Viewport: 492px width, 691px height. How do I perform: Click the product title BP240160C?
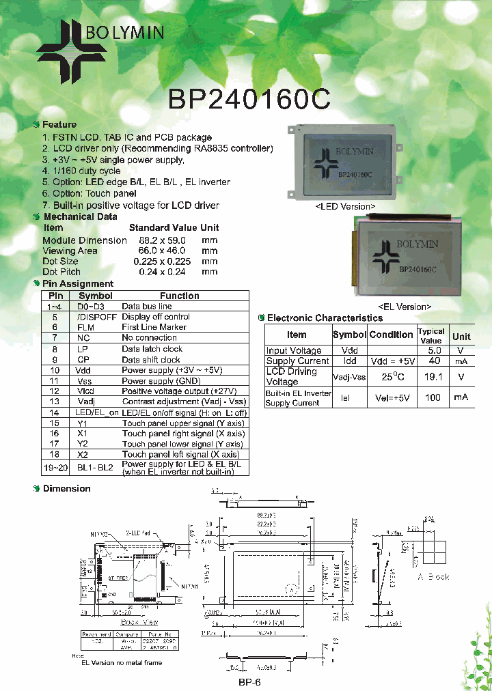tap(249, 99)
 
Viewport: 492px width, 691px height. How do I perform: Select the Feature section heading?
tap(59, 125)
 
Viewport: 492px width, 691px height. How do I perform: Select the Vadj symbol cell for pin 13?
tap(85, 401)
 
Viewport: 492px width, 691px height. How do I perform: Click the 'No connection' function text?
tap(149, 337)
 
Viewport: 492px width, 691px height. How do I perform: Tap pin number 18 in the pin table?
tap(55, 454)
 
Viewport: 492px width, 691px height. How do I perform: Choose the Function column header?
tap(179, 296)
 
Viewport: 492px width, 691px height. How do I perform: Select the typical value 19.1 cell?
tap(431, 376)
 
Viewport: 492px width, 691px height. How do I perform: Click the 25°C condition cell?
tap(391, 376)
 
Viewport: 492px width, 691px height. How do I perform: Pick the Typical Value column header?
tap(431, 335)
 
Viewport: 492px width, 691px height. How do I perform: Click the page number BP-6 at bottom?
tap(249, 682)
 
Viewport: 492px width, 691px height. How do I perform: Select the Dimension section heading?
tap(66, 488)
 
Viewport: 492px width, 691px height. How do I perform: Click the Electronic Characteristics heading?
tap(325, 318)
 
